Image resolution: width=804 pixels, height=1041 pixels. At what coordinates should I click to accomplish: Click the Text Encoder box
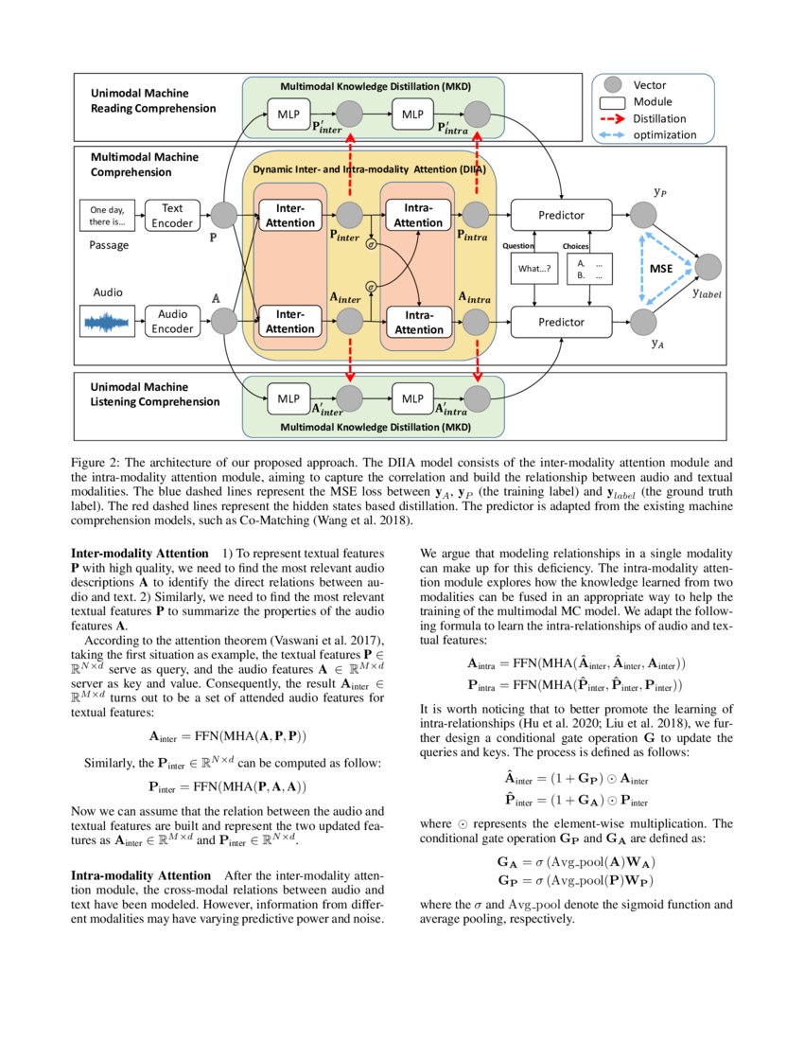tap(172, 215)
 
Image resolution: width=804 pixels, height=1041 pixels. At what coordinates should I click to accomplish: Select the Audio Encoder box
tap(172, 322)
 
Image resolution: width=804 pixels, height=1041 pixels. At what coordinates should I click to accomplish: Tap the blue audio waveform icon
tap(106, 323)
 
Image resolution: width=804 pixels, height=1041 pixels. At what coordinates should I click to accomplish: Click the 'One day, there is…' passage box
tap(106, 216)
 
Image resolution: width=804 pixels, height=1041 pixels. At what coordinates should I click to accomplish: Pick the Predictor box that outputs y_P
tap(561, 215)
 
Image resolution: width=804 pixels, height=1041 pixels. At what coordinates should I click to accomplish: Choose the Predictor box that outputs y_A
tap(561, 322)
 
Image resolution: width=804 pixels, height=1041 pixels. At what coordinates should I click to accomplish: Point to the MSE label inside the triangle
tap(661, 269)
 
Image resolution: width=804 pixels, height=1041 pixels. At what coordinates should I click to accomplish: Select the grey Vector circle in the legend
tap(613, 85)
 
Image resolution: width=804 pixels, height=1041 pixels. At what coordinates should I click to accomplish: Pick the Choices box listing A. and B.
tap(589, 269)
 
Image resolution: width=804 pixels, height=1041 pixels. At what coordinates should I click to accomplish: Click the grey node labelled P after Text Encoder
tap(224, 215)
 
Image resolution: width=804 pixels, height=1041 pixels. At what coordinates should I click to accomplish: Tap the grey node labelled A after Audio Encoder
tap(224, 322)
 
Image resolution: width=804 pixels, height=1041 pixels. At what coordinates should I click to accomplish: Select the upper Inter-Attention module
tap(289, 215)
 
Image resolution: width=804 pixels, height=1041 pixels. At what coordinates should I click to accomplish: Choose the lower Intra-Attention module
tap(418, 322)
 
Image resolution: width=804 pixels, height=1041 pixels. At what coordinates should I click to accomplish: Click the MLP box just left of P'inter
tap(288, 115)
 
